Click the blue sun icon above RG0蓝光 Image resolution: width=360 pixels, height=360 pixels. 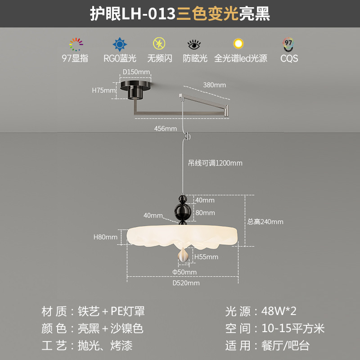119,44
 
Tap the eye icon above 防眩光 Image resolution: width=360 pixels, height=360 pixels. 194,45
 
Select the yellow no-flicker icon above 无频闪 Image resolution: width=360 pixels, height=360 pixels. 159,44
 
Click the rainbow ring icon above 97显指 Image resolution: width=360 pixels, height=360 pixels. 76,44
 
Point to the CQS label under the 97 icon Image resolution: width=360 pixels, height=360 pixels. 289,58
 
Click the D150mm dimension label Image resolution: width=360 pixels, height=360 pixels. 136,72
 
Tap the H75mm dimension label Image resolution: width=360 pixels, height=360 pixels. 104,90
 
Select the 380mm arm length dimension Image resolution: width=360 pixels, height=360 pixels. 214,85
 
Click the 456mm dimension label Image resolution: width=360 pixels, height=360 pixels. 165,129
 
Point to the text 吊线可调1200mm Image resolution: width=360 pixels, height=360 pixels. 215,163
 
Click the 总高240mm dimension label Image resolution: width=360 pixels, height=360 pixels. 265,221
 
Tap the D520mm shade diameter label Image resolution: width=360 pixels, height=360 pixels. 186,283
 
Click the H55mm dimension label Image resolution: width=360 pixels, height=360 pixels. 206,257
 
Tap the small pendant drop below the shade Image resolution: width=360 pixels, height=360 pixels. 183,255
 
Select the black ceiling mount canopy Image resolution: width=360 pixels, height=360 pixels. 136,88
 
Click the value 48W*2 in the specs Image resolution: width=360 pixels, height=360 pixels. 279,311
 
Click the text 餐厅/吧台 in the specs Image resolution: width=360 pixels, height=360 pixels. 285,346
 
